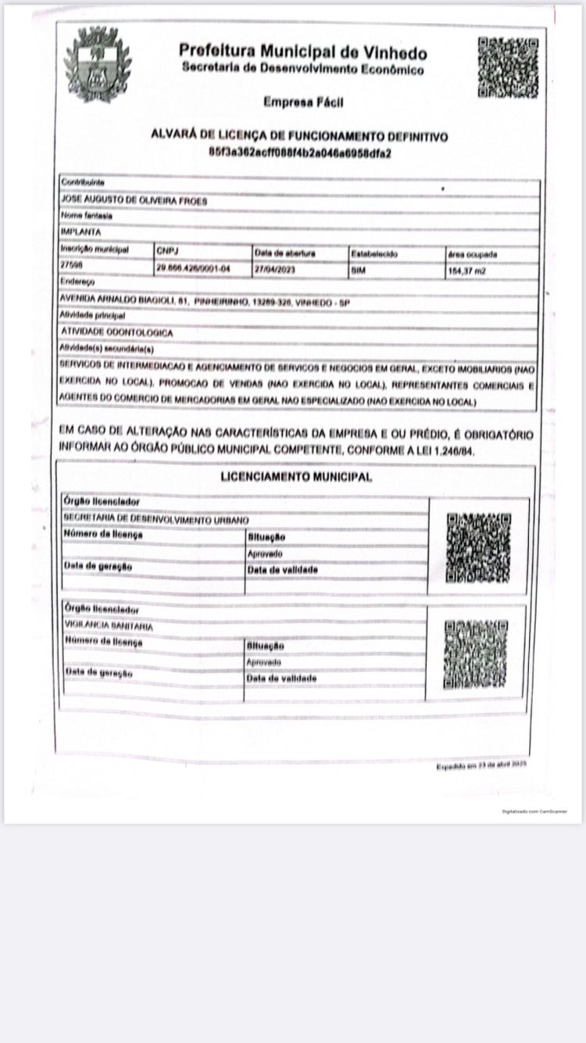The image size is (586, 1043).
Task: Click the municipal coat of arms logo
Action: point(97,63)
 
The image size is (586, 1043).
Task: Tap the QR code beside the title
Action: point(508,67)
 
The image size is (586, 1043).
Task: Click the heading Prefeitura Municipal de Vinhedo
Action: point(303,52)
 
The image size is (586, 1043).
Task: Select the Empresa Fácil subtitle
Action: point(303,102)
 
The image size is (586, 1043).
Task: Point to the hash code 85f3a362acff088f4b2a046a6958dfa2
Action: point(299,152)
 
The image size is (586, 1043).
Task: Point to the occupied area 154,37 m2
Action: point(467,270)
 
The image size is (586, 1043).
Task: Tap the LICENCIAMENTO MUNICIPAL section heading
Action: point(295,476)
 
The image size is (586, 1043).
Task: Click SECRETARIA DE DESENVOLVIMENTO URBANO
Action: point(155,519)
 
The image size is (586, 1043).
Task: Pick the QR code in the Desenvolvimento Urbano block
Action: point(478,548)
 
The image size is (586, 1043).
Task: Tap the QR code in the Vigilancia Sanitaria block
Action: point(476,654)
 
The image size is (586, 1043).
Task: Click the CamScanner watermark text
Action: point(534,811)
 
